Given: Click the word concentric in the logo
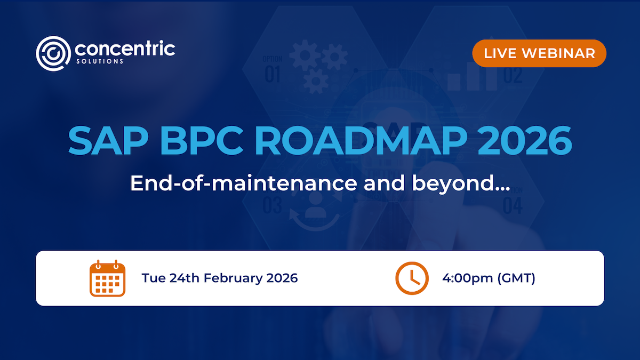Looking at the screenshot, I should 125,50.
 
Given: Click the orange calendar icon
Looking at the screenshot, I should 107,278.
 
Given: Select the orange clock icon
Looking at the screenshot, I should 412,278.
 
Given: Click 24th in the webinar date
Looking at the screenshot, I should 185,278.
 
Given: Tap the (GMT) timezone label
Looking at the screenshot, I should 516,278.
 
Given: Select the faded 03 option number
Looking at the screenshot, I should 273,205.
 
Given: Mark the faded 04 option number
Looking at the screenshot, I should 512,205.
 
